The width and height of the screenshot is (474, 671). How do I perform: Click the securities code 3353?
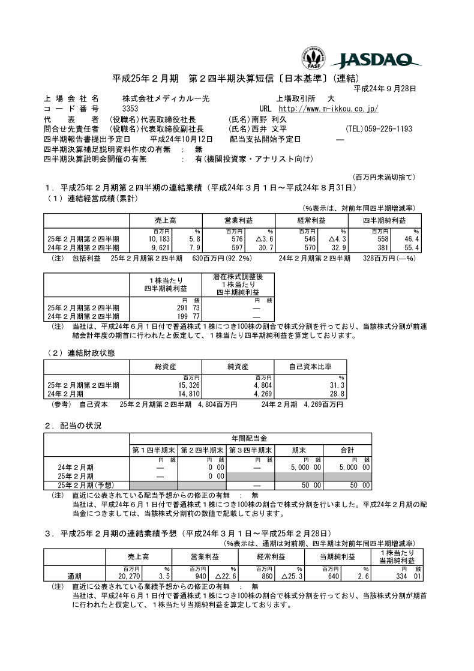tap(130, 109)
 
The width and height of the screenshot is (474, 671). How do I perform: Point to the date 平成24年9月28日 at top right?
tap(385, 89)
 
